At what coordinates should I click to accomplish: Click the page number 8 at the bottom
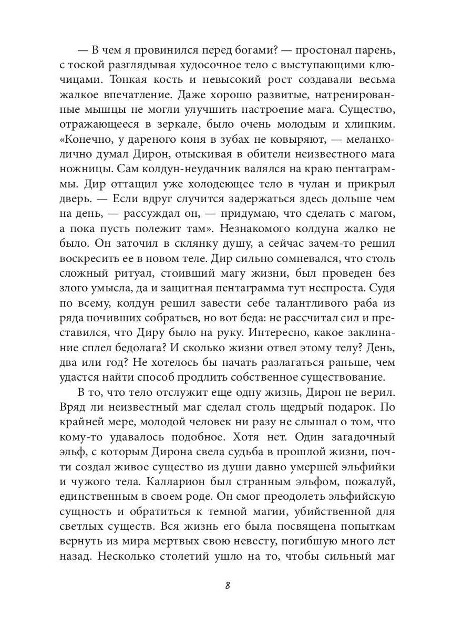pyautogui.click(x=227, y=586)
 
